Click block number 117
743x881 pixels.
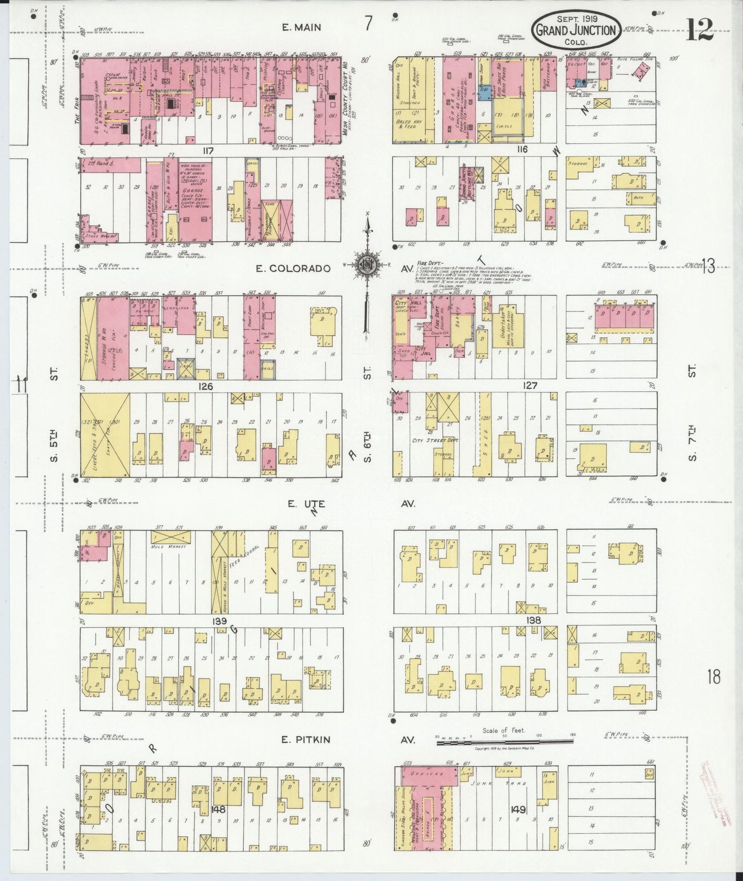pos(207,151)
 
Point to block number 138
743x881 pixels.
pos(534,620)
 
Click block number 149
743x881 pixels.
pos(518,810)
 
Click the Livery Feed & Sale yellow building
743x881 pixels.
pos(105,435)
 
